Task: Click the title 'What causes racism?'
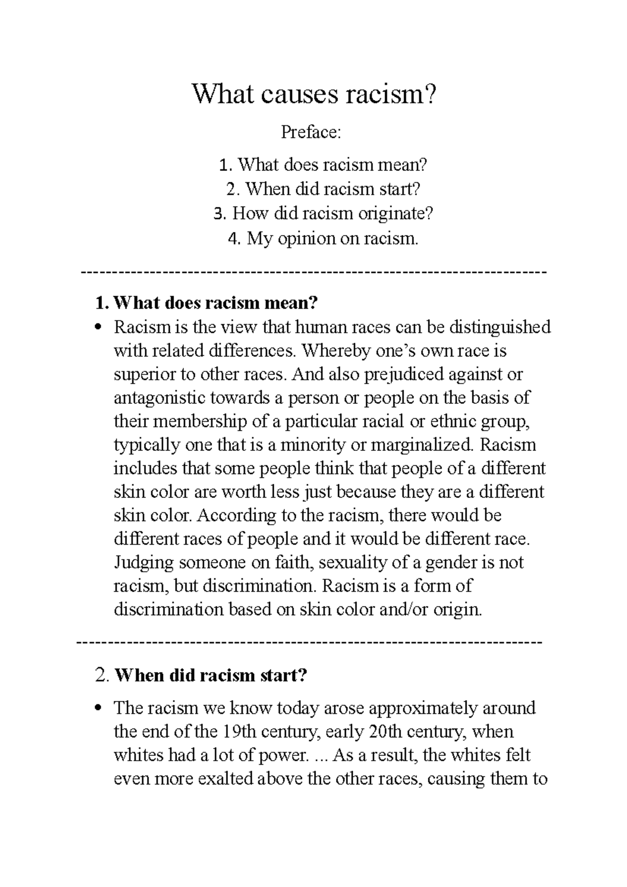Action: tap(313, 95)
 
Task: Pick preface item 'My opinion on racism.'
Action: tap(324, 239)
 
